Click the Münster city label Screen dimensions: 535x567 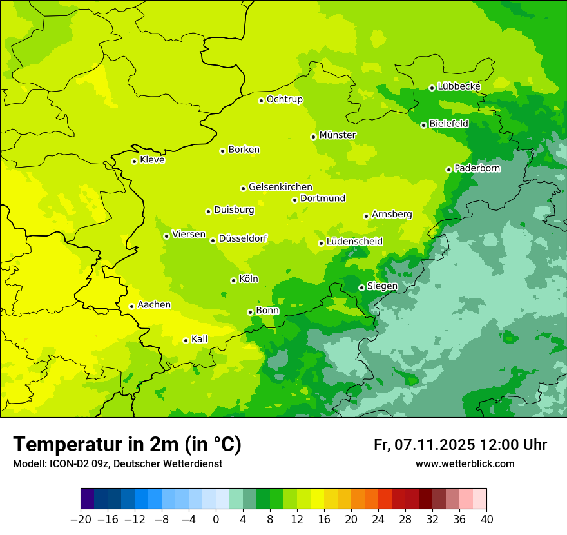pyautogui.click(x=338, y=135)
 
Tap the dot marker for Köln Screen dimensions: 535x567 pyautogui.click(x=233, y=280)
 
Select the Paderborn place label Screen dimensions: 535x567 pyautogui.click(x=477, y=168)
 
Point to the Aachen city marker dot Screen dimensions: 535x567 pyautogui.click(x=131, y=306)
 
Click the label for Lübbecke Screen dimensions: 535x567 pyautogui.click(x=459, y=86)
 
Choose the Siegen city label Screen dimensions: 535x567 pyautogui.click(x=382, y=286)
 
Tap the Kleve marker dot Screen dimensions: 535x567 pyautogui.click(x=134, y=161)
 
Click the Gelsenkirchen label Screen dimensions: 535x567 pyautogui.click(x=280, y=187)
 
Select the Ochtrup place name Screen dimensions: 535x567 pyautogui.click(x=285, y=99)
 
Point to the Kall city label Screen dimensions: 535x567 pyautogui.click(x=200, y=339)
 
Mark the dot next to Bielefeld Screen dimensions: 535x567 pyautogui.click(x=423, y=125)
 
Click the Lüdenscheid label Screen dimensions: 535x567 pyautogui.click(x=354, y=242)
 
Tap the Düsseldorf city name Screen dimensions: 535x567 pyautogui.click(x=243, y=238)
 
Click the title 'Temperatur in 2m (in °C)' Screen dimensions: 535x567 pyautogui.click(x=127, y=445)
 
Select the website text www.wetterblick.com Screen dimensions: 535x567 pyautogui.click(x=465, y=464)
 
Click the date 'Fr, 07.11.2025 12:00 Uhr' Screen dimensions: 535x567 pyautogui.click(x=460, y=445)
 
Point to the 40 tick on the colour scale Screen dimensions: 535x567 pyautogui.click(x=486, y=520)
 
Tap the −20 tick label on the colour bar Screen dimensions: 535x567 pyautogui.click(x=81, y=520)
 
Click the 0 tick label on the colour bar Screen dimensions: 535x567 pyautogui.click(x=216, y=520)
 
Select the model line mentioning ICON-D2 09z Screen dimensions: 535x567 pyautogui.click(x=117, y=464)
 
